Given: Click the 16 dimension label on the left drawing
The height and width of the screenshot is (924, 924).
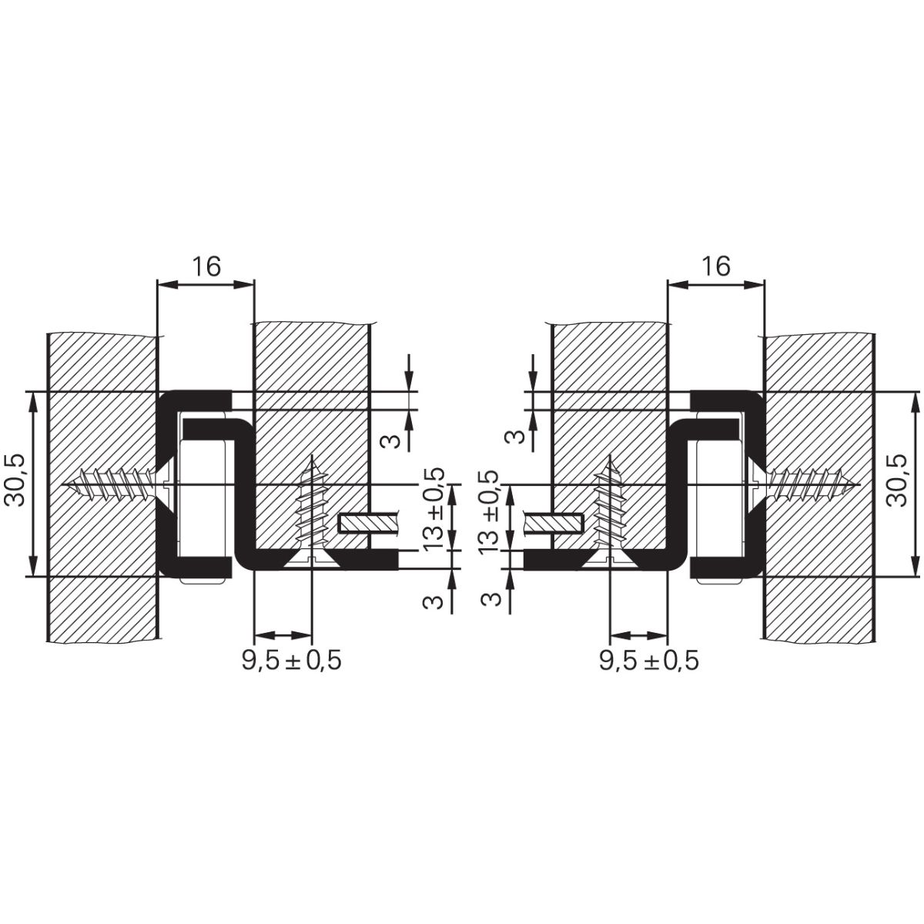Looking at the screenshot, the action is pyautogui.click(x=206, y=266).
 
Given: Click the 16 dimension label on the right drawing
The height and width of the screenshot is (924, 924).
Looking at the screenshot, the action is pyautogui.click(x=716, y=266).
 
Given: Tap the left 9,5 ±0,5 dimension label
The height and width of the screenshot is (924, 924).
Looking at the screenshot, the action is pyautogui.click(x=292, y=660).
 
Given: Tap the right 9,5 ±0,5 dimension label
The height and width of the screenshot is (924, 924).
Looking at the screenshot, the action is pyautogui.click(x=649, y=660).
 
